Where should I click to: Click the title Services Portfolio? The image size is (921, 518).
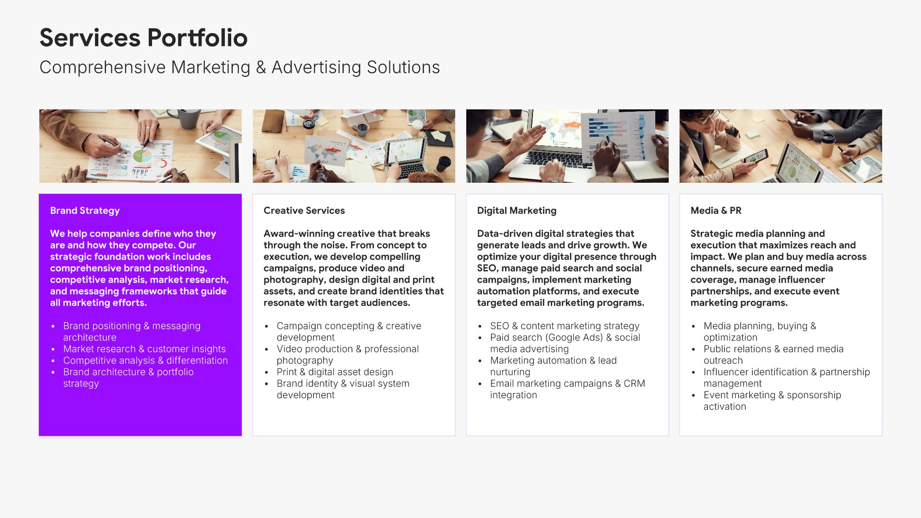[143, 38]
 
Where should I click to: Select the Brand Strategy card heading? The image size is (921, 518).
[85, 211]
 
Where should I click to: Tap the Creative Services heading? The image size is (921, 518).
[304, 211]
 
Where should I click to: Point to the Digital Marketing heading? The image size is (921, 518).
[517, 211]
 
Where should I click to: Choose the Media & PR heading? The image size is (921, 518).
[716, 211]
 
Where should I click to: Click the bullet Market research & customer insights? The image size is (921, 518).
[144, 349]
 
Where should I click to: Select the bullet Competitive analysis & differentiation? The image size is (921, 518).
[145, 360]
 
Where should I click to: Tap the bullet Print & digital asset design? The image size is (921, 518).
[335, 372]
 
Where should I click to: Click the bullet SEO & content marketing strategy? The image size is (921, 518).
[565, 326]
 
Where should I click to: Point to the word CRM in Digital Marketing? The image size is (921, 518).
[634, 383]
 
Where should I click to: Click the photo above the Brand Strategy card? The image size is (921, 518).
[141, 146]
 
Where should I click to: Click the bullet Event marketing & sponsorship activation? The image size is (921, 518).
[772, 400]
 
